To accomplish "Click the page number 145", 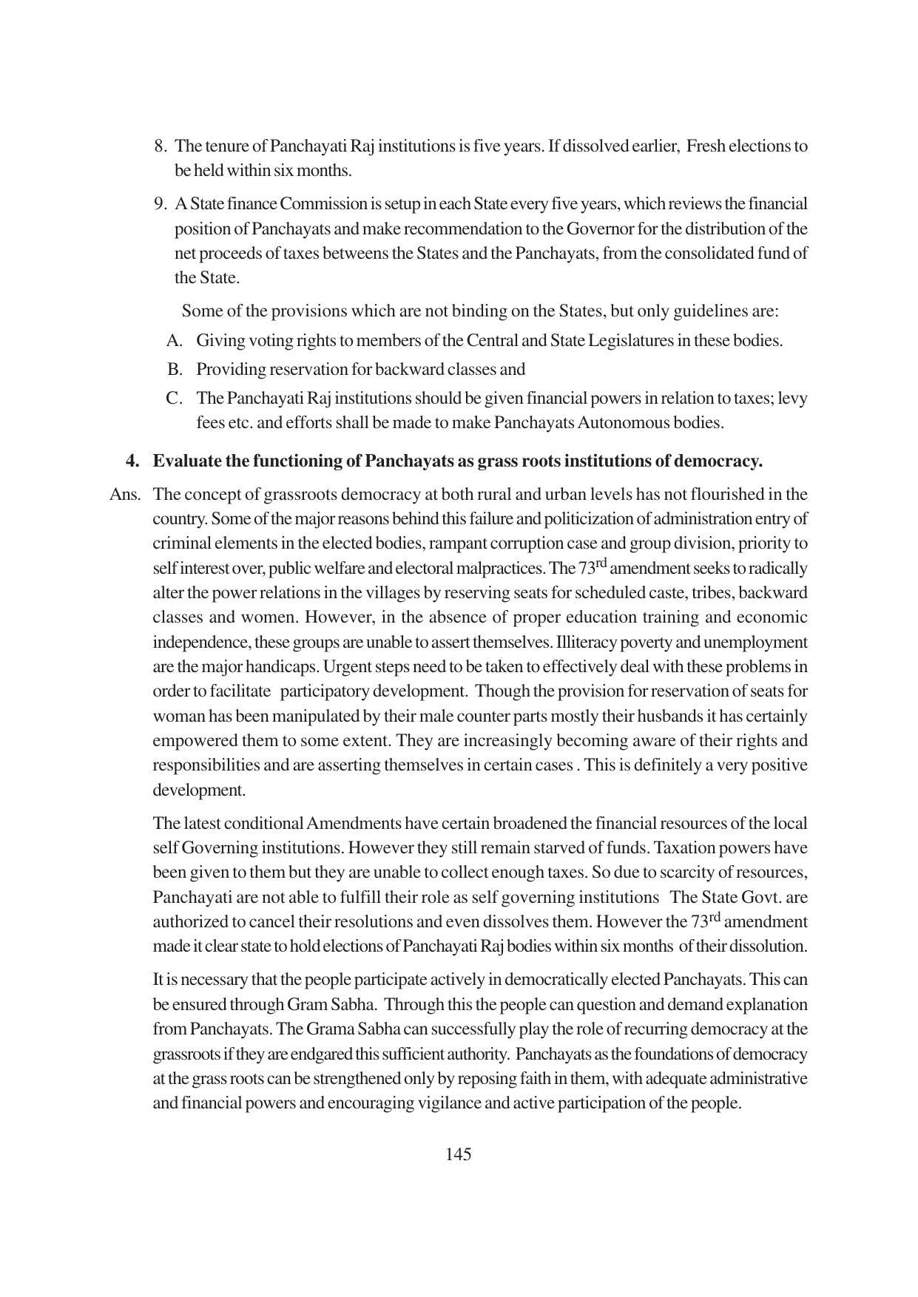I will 459,1154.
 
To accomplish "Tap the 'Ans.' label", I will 125,494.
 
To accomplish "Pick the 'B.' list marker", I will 175,369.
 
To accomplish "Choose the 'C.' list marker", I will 174,398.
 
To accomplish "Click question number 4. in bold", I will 132,461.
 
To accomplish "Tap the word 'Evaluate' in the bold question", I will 185,461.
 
